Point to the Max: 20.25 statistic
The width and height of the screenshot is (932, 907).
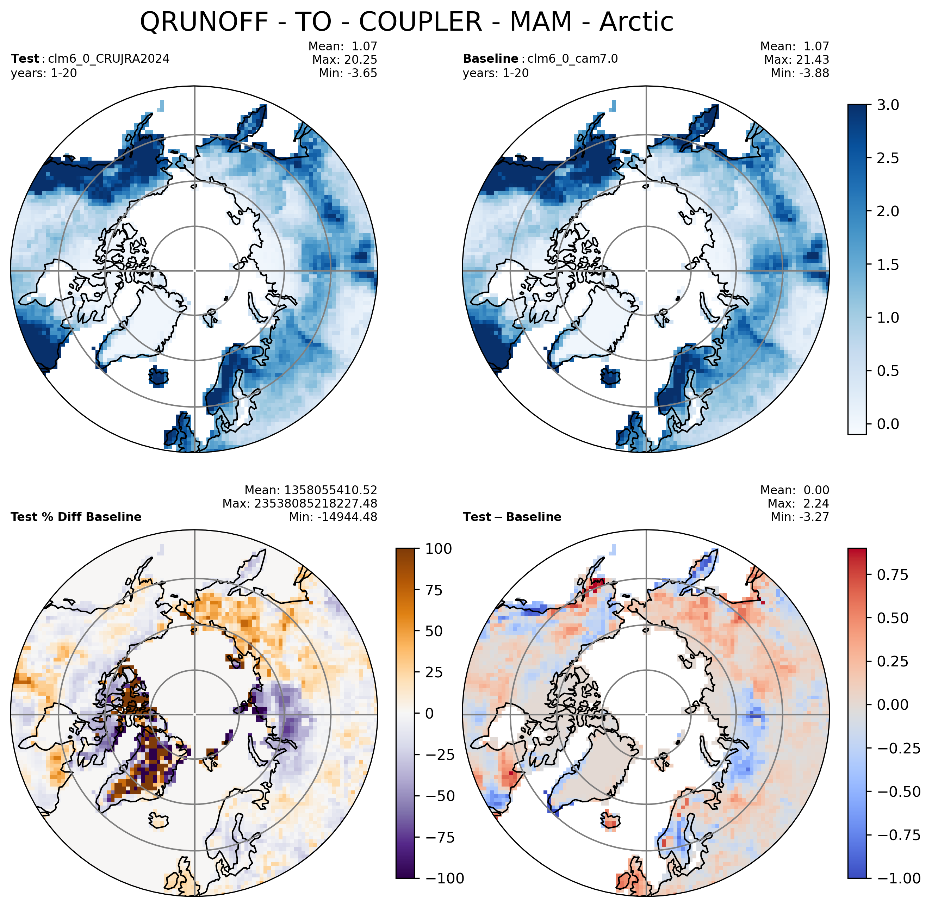[x=345, y=60]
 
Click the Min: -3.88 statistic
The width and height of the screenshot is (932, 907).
[x=800, y=73]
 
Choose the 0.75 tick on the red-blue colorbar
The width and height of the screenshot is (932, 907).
[x=893, y=575]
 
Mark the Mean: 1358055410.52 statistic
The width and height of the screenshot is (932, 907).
[x=311, y=490]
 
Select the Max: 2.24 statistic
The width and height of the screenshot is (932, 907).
[x=799, y=504]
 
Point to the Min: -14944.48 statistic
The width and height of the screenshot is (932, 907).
[x=333, y=517]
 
